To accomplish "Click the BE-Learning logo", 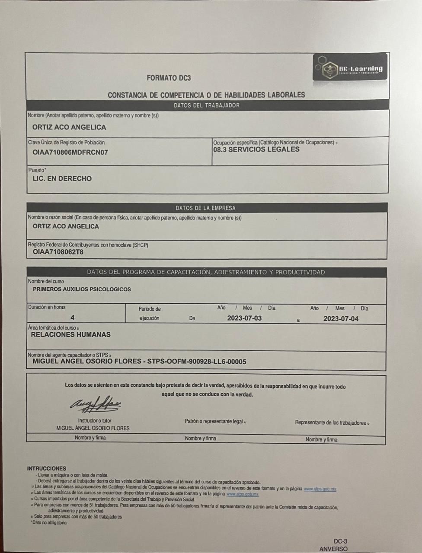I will pyautogui.click(x=349, y=67).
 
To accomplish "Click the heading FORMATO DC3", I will pyautogui.click(x=169, y=78).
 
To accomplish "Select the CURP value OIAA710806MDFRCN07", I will pyautogui.click(x=70, y=152).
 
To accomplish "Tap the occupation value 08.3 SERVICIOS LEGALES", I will pyautogui.click(x=256, y=149).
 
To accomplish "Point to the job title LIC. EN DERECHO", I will pyautogui.click(x=62, y=178).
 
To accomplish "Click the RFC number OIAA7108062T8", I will pyautogui.click(x=58, y=252).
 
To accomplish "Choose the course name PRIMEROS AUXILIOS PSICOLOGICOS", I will pyautogui.click(x=82, y=289).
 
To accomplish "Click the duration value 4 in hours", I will pyautogui.click(x=73, y=318).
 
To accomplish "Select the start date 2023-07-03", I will pyautogui.click(x=244, y=318).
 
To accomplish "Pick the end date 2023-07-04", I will pyautogui.click(x=341, y=319).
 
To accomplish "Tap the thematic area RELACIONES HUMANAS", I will pyautogui.click(x=70, y=334).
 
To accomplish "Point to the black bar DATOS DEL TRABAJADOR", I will pyautogui.click(x=207, y=105).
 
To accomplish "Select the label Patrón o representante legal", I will pyautogui.click(x=214, y=421).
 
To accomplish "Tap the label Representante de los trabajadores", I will pyautogui.click(x=331, y=423).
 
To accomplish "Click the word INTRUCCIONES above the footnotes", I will pyautogui.click(x=47, y=468).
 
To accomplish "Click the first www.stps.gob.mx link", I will pyautogui.click(x=320, y=489).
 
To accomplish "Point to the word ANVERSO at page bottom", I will pyautogui.click(x=333, y=549).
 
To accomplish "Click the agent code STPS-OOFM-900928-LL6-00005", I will pyautogui.click(x=197, y=361).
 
